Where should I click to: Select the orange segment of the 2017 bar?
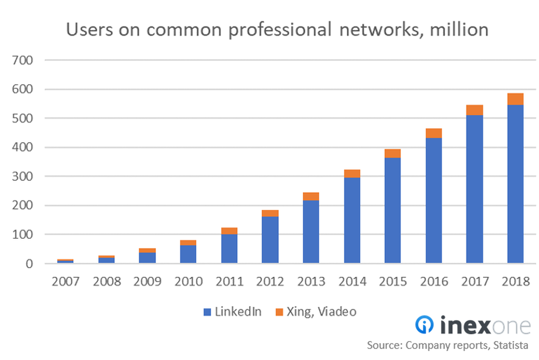(475, 110)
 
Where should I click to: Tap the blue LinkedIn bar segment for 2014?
(352, 220)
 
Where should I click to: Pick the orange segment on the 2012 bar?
(270, 213)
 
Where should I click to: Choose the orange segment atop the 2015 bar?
(393, 154)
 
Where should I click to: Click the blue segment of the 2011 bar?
(229, 248)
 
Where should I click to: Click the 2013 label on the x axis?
(311, 281)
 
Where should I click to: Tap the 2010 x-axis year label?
(188, 281)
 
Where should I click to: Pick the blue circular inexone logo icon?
(425, 325)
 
